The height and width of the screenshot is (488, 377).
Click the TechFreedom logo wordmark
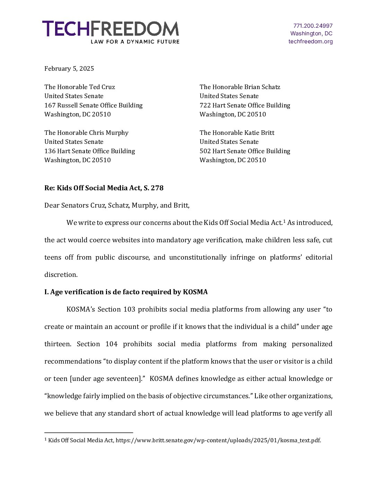(x=111, y=29)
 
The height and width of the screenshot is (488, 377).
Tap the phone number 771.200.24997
(x=313, y=26)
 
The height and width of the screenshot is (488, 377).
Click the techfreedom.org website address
(x=310, y=41)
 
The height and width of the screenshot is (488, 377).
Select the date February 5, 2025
(x=69, y=69)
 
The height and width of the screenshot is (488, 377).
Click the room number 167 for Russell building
(x=50, y=105)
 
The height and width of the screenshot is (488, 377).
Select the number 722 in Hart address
(x=205, y=105)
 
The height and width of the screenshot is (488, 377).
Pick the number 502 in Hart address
(x=205, y=151)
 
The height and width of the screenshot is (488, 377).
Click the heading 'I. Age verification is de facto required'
(x=126, y=292)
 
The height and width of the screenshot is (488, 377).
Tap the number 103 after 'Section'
(x=129, y=309)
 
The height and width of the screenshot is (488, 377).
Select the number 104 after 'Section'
(x=111, y=344)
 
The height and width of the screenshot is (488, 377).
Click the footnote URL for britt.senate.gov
(x=218, y=440)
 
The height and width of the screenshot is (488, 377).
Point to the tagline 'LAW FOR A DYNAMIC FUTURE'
(x=135, y=42)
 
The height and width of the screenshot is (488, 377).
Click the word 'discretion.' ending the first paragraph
(x=61, y=274)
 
